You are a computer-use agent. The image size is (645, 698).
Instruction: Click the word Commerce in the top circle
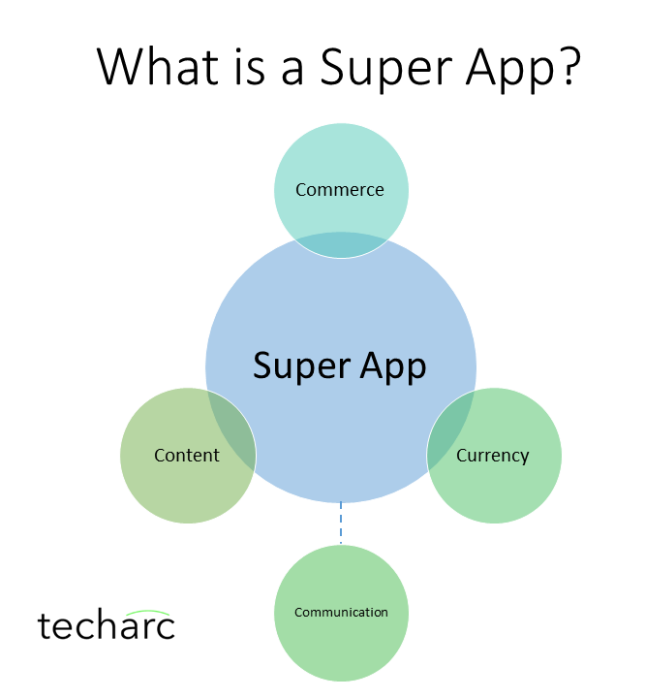coord(339,190)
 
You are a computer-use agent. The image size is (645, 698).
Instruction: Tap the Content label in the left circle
coord(187,456)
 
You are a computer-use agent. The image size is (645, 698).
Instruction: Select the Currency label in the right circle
coord(492,457)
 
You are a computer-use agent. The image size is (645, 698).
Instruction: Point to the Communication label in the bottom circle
coord(341,613)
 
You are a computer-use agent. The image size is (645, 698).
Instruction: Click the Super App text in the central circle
coord(339,366)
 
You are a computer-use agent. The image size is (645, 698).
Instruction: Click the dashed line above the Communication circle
coord(341,523)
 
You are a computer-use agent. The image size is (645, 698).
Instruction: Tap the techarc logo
coord(107,624)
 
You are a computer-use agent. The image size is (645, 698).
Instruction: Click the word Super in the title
coord(386,68)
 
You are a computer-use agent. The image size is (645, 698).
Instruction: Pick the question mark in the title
coord(568,65)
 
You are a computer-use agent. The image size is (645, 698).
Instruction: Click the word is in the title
coord(250,66)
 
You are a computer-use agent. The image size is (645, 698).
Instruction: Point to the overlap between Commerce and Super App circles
coord(341,245)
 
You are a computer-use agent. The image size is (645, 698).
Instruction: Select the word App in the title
coord(508,68)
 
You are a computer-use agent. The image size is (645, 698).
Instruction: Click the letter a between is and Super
coord(292,71)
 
